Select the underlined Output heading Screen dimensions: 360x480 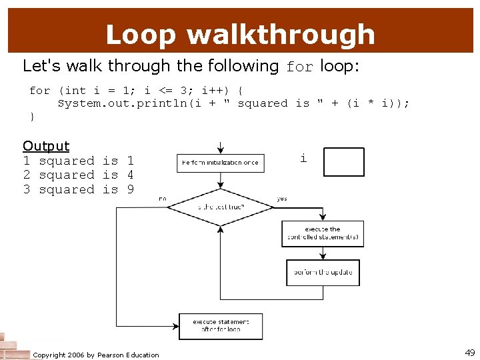(46, 146)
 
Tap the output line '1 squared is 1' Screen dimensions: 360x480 (78, 161)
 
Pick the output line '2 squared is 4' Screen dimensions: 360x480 (78, 175)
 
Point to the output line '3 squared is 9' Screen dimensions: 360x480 (78, 189)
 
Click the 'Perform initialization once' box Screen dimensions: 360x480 (220, 163)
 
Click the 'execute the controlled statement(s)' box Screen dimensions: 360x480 (323, 233)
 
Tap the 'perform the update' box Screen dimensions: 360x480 (323, 272)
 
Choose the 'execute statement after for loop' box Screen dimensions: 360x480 (221, 326)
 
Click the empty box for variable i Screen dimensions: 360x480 (343, 162)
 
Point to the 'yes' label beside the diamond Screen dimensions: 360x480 (282, 198)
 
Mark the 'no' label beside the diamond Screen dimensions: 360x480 (163, 198)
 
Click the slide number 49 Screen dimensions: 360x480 (469, 353)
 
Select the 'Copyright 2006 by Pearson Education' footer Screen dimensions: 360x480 (96, 355)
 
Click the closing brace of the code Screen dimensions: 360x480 (32, 117)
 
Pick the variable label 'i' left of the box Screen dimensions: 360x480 (303, 159)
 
